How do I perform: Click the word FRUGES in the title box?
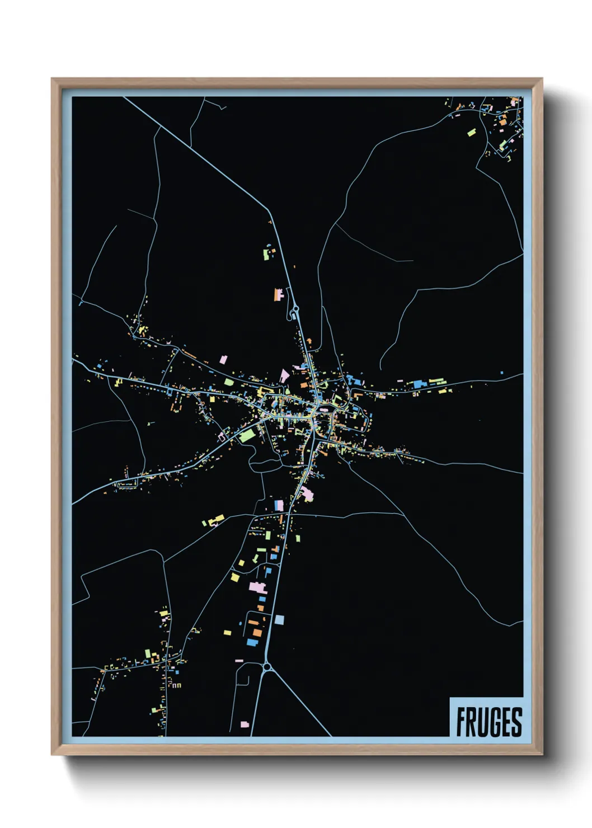(x=488, y=722)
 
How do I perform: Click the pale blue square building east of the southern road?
(x=279, y=619)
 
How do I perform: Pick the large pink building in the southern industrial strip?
(x=257, y=587)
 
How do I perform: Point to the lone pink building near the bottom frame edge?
(x=245, y=724)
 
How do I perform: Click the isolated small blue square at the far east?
(x=502, y=373)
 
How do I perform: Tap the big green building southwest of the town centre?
(x=247, y=435)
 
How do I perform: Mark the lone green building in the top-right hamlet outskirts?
(x=472, y=133)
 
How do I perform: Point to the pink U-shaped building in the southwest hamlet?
(x=176, y=685)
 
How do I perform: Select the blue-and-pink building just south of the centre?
(x=278, y=506)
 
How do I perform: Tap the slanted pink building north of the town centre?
(x=285, y=375)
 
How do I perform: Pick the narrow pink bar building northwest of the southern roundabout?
(x=239, y=661)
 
